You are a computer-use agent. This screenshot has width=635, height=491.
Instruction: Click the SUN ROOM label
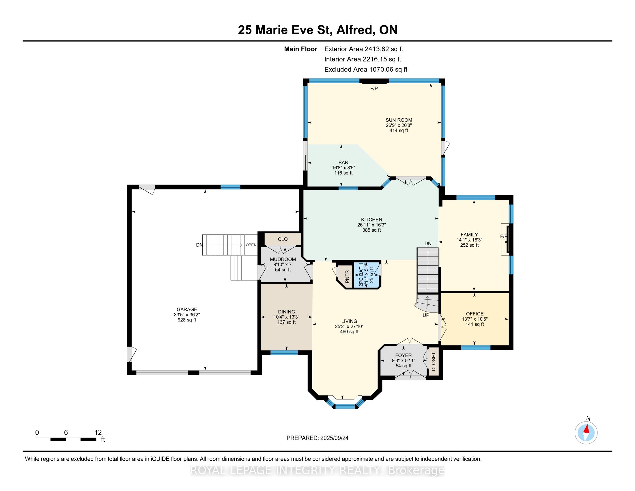[399, 120]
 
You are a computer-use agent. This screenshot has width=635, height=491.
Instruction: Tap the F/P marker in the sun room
[374, 89]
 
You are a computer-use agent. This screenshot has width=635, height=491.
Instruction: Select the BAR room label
[343, 163]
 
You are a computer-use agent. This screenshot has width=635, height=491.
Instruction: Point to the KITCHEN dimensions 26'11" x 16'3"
[371, 225]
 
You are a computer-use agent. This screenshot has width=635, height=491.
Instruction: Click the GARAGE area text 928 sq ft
[187, 320]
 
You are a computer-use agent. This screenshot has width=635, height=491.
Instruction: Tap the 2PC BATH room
[366, 275]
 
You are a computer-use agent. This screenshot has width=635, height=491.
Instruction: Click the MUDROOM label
[283, 259]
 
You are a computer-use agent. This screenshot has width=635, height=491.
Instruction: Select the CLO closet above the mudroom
[283, 239]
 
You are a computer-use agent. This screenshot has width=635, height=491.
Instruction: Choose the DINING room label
[286, 312]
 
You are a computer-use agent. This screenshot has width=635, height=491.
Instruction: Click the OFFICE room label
[475, 314]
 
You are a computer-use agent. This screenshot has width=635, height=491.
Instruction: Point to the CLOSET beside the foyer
[434, 362]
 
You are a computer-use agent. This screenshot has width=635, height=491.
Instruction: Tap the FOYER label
[403, 356]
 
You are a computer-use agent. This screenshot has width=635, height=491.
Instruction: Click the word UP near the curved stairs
[426, 315]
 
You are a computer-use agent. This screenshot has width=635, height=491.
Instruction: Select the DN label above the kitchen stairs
[428, 243]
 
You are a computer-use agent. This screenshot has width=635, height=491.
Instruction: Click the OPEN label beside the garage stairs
[251, 245]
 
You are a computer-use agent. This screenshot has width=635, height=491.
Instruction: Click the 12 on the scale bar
[98, 433]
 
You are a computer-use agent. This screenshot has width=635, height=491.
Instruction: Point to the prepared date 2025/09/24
[334, 438]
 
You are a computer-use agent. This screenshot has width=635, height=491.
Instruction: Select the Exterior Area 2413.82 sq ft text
[363, 49]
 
